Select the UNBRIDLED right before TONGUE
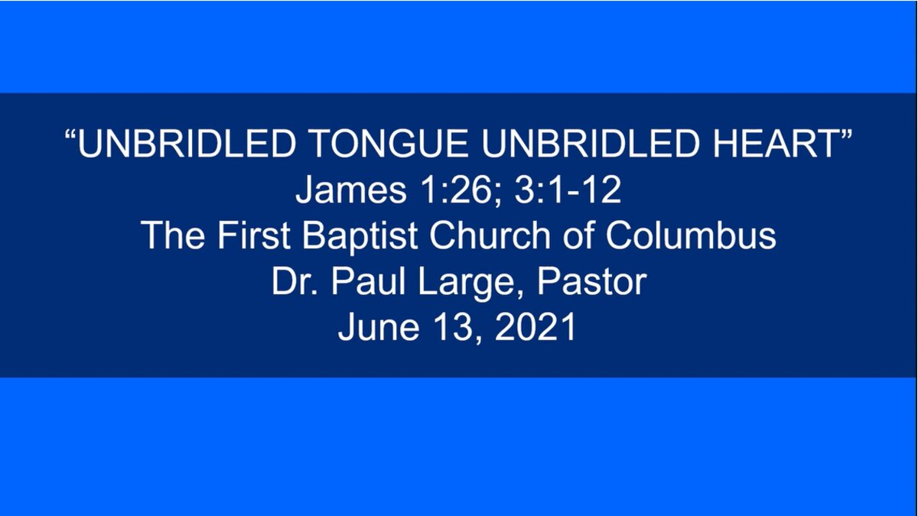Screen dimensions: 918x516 click(187, 143)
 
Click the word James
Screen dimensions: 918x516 click(351, 190)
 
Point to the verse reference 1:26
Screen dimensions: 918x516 click(461, 190)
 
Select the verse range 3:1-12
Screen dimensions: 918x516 click(568, 190)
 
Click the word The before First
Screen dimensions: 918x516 click(174, 235)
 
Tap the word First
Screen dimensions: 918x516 click(254, 235)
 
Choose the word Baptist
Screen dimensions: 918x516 click(360, 236)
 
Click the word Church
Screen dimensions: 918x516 click(490, 235)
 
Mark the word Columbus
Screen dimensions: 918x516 click(691, 235)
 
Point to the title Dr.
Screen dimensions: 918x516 click(295, 281)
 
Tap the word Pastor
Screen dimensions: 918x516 click(591, 281)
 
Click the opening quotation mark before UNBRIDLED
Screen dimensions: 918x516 click(70, 135)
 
